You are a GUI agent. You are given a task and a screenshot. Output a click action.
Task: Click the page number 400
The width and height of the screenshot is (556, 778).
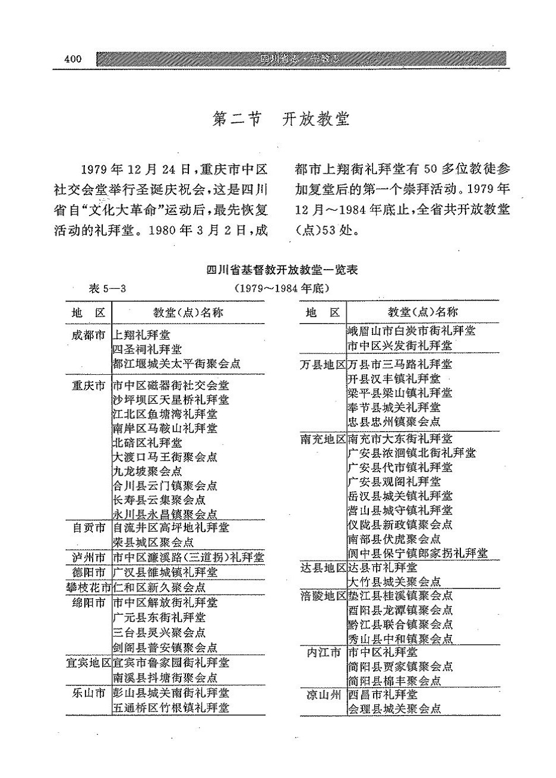[x=72, y=59]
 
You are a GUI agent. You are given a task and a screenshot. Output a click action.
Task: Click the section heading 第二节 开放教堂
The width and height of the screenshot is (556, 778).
[x=281, y=119]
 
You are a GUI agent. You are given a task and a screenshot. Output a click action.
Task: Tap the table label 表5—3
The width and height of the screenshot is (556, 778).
[x=108, y=289]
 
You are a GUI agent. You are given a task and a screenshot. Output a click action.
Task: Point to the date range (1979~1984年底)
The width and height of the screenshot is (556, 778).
[x=282, y=289]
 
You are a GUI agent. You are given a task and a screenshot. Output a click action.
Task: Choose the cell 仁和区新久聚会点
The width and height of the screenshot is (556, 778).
[x=159, y=587]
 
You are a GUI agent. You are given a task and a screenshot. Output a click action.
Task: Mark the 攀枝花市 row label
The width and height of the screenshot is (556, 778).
[x=89, y=587]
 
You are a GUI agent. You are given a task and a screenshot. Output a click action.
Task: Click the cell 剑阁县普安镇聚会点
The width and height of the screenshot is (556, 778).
[x=165, y=648]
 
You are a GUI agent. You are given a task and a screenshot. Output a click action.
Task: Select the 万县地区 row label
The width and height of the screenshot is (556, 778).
[x=323, y=364]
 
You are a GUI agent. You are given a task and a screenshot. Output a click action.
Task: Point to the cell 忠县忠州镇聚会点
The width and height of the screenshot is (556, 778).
[x=394, y=422]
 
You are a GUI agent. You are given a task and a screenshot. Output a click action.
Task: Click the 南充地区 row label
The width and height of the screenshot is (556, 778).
[x=323, y=439]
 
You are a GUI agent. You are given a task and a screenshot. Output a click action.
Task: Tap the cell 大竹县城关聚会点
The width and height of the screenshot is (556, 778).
[x=394, y=582]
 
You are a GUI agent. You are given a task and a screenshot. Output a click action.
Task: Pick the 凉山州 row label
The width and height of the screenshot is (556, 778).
[x=323, y=694]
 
